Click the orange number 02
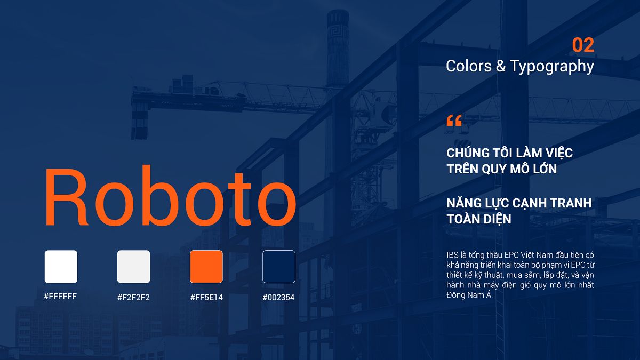[583, 45]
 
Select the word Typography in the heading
[551, 66]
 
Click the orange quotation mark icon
[454, 121]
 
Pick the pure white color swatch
[61, 267]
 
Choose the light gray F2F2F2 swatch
[133, 267]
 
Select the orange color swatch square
[206, 267]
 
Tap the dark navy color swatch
[279, 267]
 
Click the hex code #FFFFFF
[60, 296]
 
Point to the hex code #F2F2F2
[133, 297]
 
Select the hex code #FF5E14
[206, 297]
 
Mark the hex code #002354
[278, 297]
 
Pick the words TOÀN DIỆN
[479, 219]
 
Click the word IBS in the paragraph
[452, 255]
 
